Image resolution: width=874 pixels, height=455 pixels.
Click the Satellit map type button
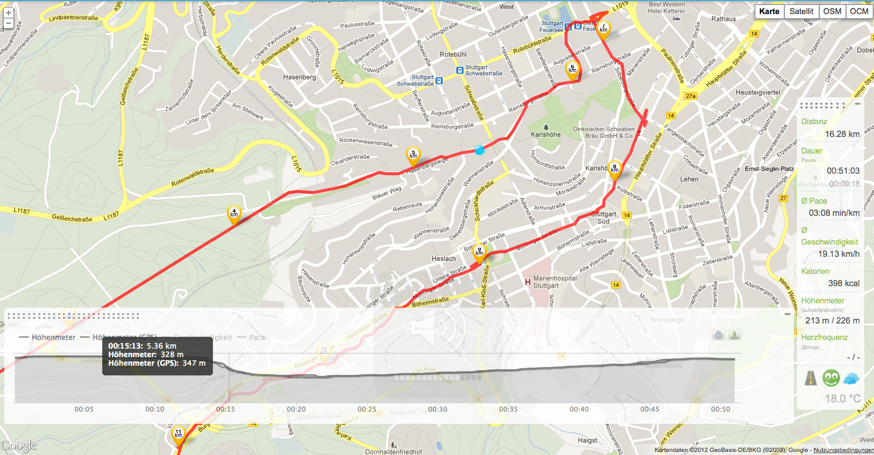tap(801, 12)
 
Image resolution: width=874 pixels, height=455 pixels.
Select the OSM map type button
tap(832, 12)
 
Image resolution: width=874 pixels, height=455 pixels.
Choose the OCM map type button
tap(859, 12)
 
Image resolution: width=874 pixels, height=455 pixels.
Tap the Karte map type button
tap(769, 12)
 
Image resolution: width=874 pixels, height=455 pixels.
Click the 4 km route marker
tap(234, 213)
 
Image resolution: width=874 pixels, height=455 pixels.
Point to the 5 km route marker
tap(414, 155)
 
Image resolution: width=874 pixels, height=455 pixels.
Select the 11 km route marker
tap(178, 434)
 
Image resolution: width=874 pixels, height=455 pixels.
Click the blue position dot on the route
tap(480, 150)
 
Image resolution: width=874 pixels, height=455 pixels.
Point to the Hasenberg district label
tap(299, 77)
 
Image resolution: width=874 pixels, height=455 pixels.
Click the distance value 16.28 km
tap(842, 134)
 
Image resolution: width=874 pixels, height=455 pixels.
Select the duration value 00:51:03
tap(843, 171)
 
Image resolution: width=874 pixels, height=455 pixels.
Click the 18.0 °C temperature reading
tap(843, 399)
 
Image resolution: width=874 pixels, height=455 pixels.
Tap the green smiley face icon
tap(831, 378)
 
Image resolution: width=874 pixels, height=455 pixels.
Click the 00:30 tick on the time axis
tap(438, 409)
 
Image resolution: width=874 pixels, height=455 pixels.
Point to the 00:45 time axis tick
tap(650, 409)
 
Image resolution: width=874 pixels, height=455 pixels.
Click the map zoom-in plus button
tap(8, 12)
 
